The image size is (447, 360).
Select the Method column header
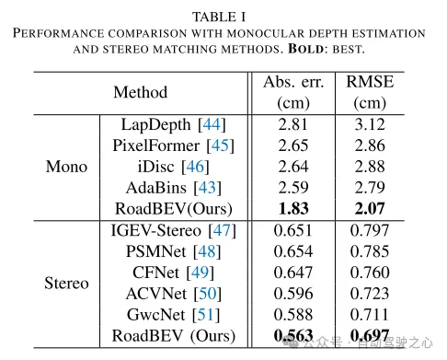140,92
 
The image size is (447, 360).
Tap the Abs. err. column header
293,92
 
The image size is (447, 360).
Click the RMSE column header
370,92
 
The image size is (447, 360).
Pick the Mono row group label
66,167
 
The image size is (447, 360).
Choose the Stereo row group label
66,283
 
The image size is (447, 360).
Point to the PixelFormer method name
155,145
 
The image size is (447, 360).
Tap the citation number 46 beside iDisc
195,167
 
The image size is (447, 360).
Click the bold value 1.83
293,209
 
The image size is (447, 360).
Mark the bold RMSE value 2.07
370,209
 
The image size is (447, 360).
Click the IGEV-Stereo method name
157,230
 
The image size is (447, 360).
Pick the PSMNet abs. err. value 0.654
293,251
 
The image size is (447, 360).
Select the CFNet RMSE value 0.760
370,273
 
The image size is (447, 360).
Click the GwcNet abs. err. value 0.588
293,315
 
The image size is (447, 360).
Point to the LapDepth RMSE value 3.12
370,124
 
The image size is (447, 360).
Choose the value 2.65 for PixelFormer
293,145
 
